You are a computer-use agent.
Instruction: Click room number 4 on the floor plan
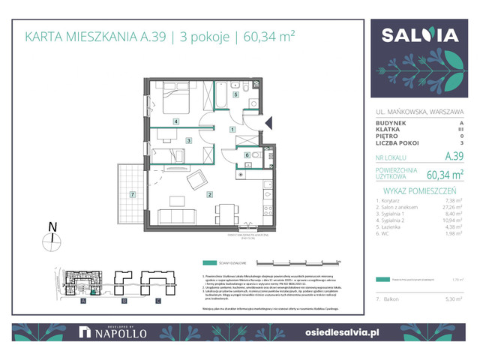coord(175,121)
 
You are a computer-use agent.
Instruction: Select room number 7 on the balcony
coord(133,195)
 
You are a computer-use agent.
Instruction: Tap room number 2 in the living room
coord(211,195)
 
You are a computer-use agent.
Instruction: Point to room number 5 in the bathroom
coord(235,95)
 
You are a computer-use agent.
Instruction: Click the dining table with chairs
coord(223,212)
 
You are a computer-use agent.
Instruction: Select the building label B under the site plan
coord(121,301)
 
